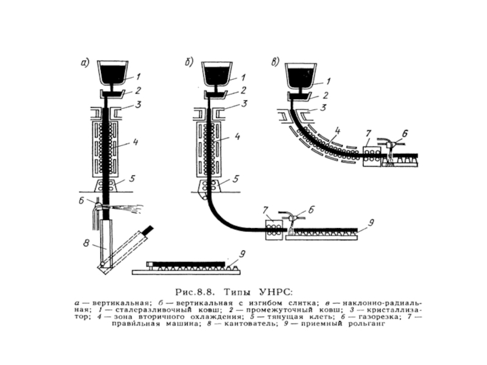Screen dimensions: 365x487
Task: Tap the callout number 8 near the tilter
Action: (x=87, y=244)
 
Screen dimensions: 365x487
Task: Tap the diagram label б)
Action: (x=189, y=61)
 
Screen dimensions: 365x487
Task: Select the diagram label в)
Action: (x=276, y=61)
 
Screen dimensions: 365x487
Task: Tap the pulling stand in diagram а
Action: (x=111, y=182)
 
